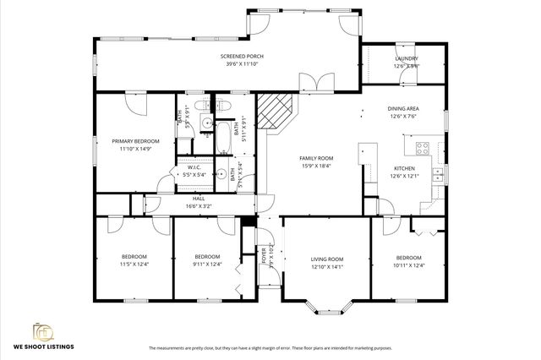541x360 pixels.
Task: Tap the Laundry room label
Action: [407, 58]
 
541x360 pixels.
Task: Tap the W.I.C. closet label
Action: [194, 168]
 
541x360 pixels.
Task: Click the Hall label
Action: [199, 198]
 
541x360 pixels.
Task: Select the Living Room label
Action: [326, 259]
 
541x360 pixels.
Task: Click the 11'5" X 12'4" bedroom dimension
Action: [134, 265]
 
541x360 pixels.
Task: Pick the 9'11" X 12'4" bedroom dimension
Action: [207, 265]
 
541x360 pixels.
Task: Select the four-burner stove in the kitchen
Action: [422, 150]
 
